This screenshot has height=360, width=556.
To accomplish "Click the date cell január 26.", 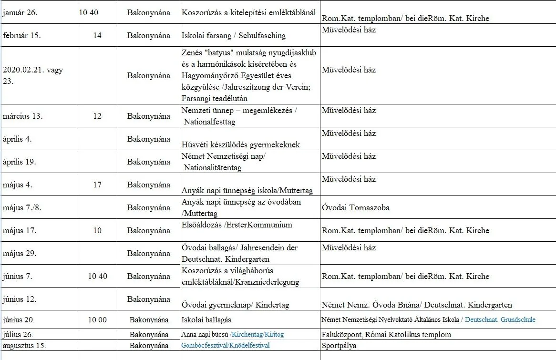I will [20, 13].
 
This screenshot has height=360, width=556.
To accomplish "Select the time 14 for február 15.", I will [97, 36].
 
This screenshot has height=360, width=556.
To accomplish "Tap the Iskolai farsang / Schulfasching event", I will [234, 36].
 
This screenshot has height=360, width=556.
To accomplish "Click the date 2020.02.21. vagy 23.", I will [32, 75].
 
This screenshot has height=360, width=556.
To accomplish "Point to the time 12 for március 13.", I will [97, 116].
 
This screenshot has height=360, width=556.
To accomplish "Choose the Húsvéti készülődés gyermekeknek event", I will [241, 144].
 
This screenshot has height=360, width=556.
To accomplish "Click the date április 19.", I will [20, 162].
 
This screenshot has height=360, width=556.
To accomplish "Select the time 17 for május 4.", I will [97, 185].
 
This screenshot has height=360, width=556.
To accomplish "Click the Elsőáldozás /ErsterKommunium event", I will [237, 225].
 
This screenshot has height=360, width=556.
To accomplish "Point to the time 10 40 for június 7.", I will [97, 276].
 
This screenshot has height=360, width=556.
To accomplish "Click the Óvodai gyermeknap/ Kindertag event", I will [236, 305].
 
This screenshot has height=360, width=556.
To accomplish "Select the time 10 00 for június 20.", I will [97, 319].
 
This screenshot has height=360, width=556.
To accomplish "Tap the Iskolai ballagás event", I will [206, 319].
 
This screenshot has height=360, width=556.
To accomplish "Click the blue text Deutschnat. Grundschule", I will [500, 319].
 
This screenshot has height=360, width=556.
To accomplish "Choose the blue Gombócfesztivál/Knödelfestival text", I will [226, 345].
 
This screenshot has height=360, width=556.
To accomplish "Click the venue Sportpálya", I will [339, 345].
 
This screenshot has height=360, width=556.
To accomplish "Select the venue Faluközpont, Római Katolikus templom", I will [386, 334].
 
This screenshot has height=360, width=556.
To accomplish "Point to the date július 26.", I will [18, 334].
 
